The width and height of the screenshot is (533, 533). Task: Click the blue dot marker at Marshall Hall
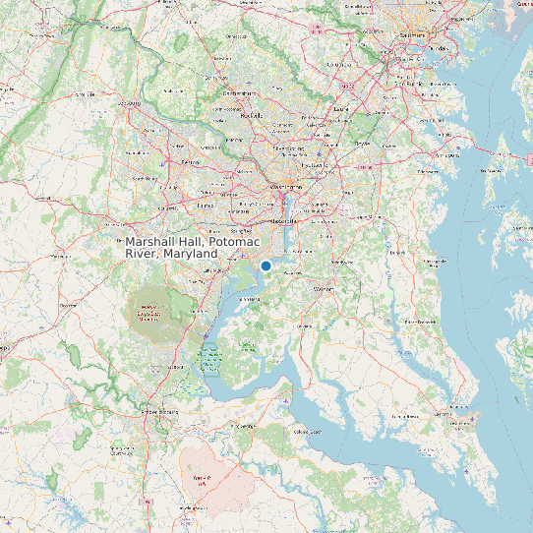[x=266, y=266]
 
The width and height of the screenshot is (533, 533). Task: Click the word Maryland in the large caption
[x=191, y=254]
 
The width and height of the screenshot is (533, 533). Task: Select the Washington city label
[x=288, y=185]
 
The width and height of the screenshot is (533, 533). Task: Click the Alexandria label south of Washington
[x=285, y=221]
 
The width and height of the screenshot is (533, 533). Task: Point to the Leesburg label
[x=128, y=102]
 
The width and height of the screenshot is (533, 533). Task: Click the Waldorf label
[x=323, y=290]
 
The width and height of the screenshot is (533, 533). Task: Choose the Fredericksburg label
[x=162, y=411]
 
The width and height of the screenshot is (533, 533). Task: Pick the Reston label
[x=190, y=160]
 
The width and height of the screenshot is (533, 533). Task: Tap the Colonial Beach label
[x=308, y=431]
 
